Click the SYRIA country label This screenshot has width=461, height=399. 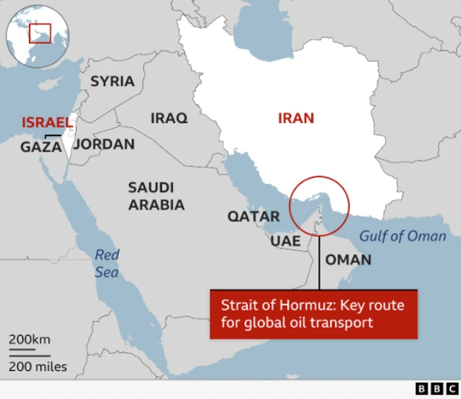[x=112, y=81]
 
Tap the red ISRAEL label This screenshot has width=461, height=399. [x=48, y=122]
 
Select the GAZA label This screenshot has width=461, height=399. [x=40, y=147]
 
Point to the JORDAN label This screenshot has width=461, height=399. [x=104, y=145]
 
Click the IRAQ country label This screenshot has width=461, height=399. [x=169, y=118]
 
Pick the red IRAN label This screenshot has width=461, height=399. [x=296, y=118]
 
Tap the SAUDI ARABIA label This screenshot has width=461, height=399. [x=156, y=196]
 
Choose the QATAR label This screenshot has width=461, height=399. [x=254, y=216]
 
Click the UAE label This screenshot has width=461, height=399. [x=285, y=241]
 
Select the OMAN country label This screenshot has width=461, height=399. [x=349, y=260]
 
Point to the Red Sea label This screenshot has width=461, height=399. [x=107, y=263]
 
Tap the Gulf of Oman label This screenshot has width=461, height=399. [x=403, y=236]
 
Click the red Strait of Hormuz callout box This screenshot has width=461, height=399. [x=313, y=314]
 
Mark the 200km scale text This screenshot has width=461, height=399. [x=30, y=339]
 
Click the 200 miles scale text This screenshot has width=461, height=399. [x=38, y=367]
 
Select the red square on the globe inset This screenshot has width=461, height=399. [x=40, y=32]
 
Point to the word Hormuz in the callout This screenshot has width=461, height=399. [x=291, y=306]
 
